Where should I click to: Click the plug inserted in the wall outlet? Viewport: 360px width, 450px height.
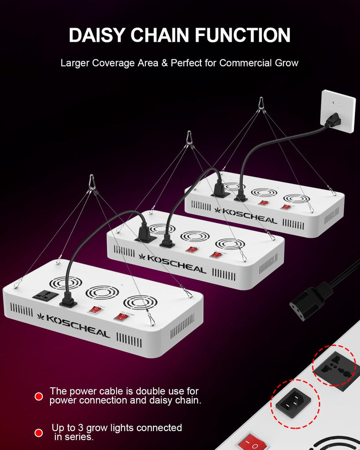tap(332, 119)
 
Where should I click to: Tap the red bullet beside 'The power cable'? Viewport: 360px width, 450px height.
tap(39, 396)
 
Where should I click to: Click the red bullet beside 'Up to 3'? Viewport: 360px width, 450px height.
tap(39, 433)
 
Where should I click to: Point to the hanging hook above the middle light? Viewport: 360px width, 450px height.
tap(189, 138)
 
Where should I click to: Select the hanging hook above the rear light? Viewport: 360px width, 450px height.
tap(261, 104)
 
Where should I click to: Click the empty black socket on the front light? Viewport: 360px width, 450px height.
tap(45, 295)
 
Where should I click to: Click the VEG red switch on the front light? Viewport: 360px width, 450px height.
tap(94, 310)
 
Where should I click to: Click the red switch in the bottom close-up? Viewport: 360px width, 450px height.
tap(252, 443)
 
